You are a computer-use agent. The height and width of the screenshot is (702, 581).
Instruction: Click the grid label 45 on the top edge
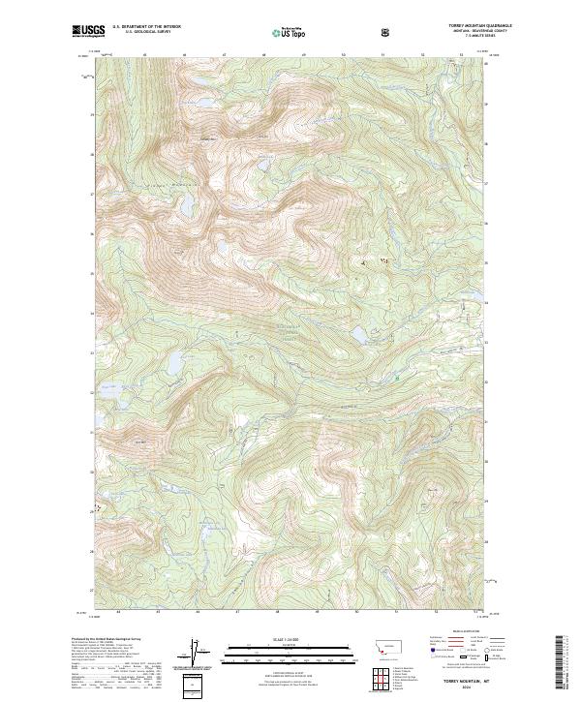click(143, 55)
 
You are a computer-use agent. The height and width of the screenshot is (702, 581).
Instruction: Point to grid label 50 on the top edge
click(344, 55)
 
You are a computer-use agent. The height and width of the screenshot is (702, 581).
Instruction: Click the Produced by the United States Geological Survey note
click(107, 640)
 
